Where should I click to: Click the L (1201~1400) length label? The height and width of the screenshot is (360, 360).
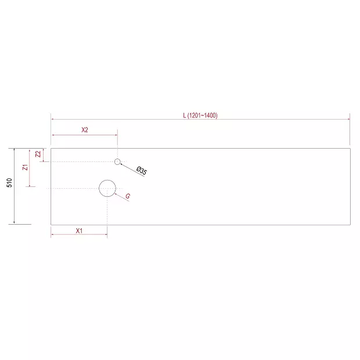200,115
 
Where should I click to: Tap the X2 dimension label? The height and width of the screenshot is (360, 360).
85,130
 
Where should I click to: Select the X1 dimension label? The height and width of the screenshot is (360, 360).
79,231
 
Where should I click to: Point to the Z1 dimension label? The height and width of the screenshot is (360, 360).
25,167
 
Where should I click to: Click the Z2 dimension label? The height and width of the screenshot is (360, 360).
38,154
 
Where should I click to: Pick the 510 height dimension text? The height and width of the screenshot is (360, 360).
9,183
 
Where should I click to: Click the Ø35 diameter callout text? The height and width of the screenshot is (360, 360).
142,171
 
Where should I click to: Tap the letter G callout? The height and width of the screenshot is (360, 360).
128,196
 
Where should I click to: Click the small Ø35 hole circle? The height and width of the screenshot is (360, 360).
117,159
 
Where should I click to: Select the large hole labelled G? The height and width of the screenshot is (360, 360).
107,180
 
